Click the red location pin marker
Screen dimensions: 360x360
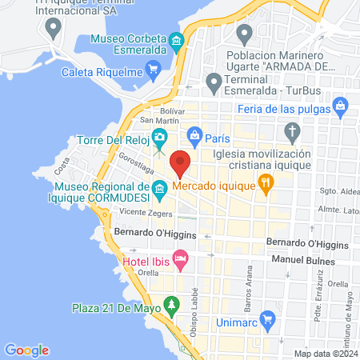(181, 163)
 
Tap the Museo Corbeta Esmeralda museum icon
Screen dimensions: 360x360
(176, 41)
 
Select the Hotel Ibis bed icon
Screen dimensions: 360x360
(181, 258)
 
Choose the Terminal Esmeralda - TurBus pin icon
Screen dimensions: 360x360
(214, 82)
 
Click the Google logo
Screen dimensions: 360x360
(26, 350)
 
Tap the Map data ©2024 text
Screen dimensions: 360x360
(325, 353)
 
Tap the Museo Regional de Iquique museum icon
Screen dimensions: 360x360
(159, 190)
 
